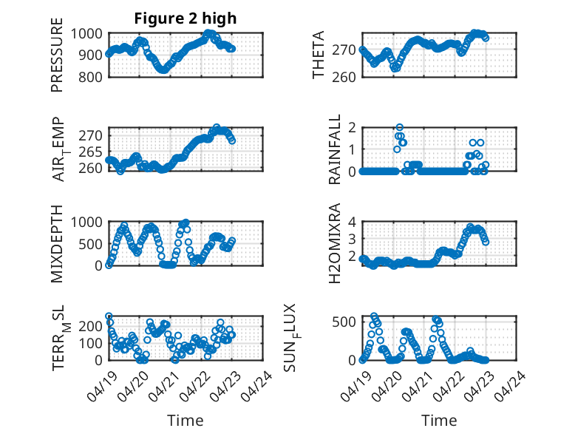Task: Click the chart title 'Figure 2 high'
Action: click(x=185, y=18)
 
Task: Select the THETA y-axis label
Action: click(x=319, y=55)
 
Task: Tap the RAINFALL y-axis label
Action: click(x=334, y=149)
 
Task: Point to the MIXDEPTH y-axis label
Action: click(x=57, y=244)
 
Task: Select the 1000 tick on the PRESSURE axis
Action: click(x=87, y=33)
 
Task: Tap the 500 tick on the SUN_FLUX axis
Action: click(x=345, y=322)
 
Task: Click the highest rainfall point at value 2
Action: click(x=400, y=127)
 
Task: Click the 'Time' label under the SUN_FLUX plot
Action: click(x=439, y=421)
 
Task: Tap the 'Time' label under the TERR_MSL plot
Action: click(x=185, y=421)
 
